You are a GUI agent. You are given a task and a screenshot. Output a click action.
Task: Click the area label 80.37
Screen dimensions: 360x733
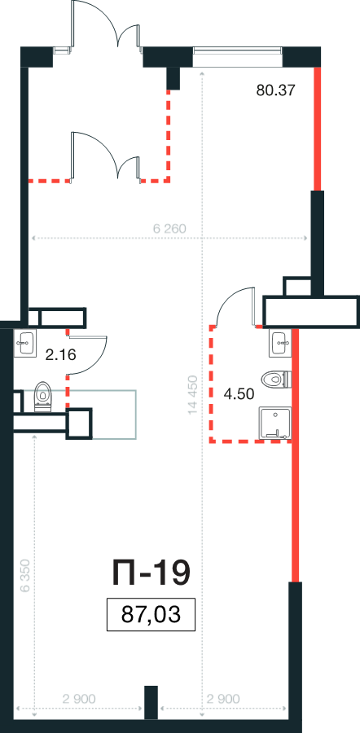[276, 90]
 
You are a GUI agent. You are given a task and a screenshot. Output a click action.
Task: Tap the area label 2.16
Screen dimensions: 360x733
[60, 356]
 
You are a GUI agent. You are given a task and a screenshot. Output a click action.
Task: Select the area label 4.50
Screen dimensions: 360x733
[239, 394]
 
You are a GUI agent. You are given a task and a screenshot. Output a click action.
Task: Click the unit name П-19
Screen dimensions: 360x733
[151, 573]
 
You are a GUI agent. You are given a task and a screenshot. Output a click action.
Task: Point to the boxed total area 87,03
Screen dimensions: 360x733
[151, 614]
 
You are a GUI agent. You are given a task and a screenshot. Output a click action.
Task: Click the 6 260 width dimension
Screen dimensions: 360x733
[169, 229]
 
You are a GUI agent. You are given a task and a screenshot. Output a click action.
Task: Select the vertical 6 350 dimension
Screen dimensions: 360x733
[25, 576]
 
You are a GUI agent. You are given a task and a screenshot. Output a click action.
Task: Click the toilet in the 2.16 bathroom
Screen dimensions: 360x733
[43, 397]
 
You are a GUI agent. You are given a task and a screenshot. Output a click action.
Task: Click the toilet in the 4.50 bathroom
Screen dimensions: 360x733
[277, 380]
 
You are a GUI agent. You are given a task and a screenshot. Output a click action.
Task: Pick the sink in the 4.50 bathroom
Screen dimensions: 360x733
[280, 344]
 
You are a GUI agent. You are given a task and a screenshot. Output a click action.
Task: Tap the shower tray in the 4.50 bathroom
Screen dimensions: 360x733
[275, 424]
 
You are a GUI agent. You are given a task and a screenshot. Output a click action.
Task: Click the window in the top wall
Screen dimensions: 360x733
[238, 57]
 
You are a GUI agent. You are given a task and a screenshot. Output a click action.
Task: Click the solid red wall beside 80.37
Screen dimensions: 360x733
[318, 129]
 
